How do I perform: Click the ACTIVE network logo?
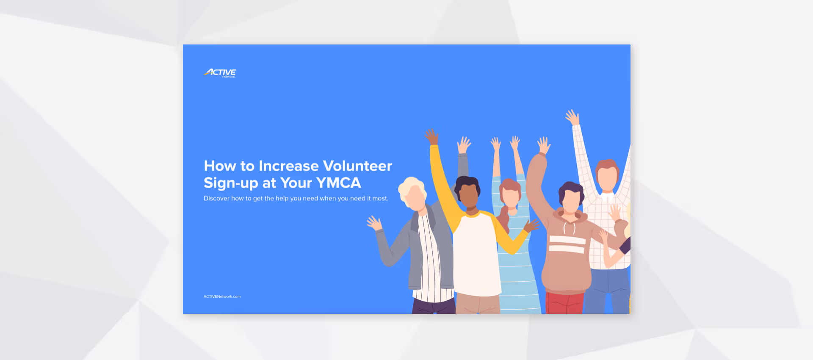220,73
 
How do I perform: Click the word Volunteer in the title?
357,166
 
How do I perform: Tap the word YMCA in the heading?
338,183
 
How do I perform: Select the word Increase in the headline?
288,166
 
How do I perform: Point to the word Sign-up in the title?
231,183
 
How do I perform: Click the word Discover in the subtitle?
216,198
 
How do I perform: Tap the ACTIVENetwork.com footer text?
222,296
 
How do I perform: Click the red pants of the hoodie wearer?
564,303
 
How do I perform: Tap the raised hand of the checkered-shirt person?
572,116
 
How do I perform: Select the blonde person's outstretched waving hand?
374,223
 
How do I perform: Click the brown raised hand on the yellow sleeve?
431,137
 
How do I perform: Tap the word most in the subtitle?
379,198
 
